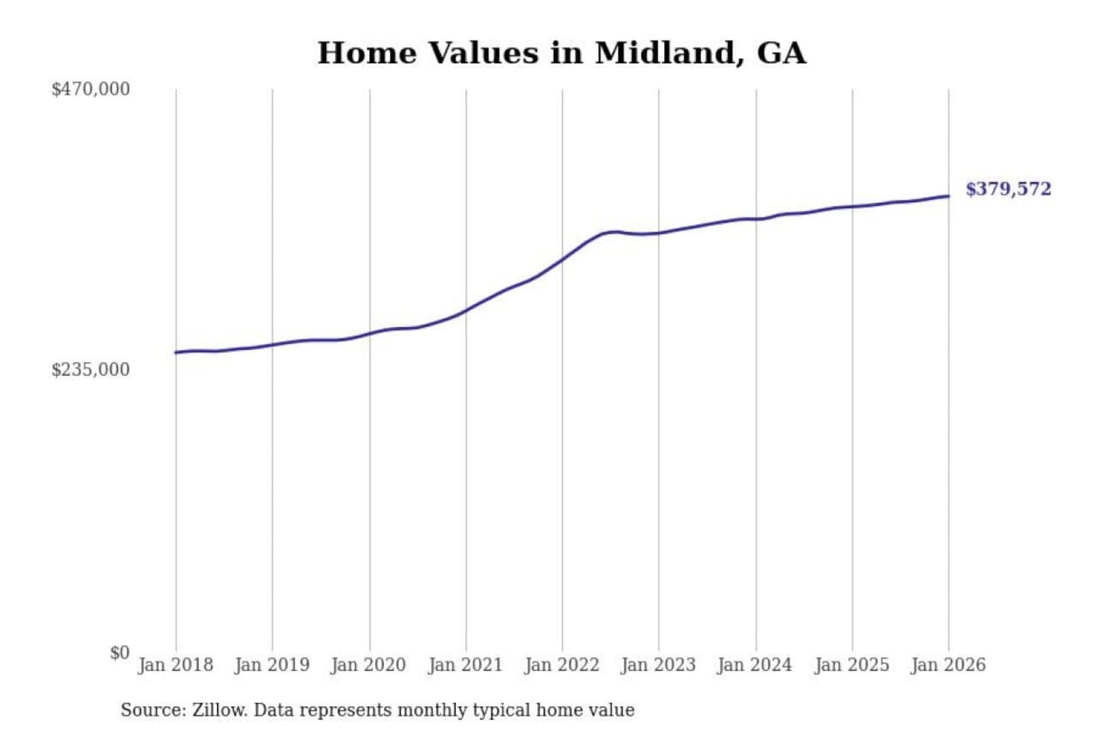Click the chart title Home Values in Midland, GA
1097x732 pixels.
pos(561,53)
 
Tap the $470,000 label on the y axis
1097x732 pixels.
pos(91,89)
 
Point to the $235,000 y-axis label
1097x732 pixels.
pos(91,370)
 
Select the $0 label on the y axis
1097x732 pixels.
pos(120,653)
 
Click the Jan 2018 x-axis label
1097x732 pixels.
pos(175,665)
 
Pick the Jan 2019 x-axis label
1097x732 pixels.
pos(272,665)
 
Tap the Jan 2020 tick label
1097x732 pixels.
pos(369,665)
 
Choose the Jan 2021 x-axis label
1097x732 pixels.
pos(465,665)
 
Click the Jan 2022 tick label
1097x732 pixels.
pos(562,665)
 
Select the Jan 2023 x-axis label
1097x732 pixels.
pos(659,665)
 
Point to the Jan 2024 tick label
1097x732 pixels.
pos(755,665)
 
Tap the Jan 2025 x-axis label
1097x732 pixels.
pos(852,665)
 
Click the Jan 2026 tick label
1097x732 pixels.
pos(948,665)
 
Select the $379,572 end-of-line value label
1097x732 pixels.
pos(1008,189)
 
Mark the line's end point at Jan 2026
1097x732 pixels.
pos(948,196)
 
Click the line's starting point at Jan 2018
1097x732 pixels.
pos(176,352)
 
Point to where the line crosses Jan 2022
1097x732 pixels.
pos(562,259)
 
